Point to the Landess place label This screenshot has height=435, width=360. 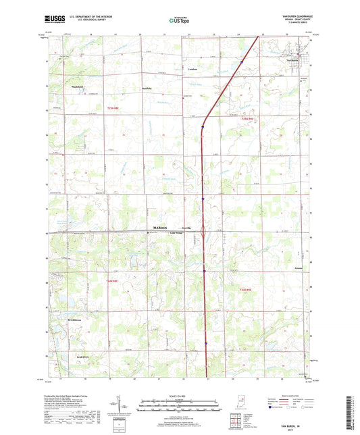click(x=192, y=70)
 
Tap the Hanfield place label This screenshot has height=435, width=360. click(x=147, y=88)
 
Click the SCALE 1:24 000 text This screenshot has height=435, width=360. click(x=179, y=395)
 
